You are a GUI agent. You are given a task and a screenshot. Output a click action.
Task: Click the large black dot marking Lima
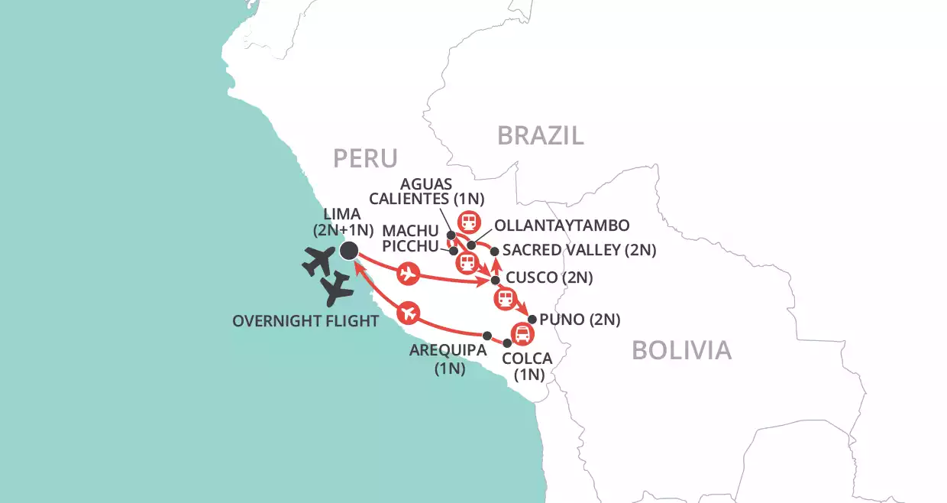[x=349, y=250]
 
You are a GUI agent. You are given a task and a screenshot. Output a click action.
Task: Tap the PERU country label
[x=365, y=158]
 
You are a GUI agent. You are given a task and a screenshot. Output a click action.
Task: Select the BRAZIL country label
[x=541, y=135]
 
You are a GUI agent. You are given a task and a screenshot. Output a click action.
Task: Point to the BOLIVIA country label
[x=681, y=350]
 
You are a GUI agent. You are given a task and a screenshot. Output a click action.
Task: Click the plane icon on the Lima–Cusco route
[x=409, y=272]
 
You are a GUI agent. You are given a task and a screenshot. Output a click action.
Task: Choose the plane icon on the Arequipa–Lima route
[x=409, y=312]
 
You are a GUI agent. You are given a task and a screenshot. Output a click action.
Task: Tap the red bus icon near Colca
[x=522, y=333]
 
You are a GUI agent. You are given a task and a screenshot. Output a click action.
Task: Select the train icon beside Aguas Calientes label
[x=468, y=222]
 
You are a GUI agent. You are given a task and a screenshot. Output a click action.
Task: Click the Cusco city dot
[x=495, y=281]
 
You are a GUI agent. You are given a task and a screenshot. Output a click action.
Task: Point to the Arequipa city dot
[x=487, y=335]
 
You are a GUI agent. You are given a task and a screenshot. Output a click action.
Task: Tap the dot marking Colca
[x=506, y=343]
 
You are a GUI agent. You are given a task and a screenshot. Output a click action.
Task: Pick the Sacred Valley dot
[x=494, y=251]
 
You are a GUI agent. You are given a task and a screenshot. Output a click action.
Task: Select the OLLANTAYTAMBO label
[x=561, y=226]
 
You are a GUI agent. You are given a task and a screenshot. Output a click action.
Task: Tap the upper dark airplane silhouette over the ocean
[x=319, y=262]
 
